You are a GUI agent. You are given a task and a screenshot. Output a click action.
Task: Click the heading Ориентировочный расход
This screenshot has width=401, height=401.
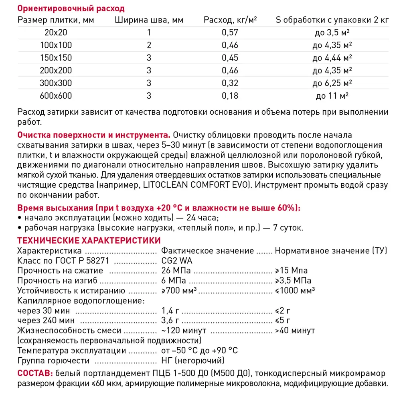click(x=71, y=8)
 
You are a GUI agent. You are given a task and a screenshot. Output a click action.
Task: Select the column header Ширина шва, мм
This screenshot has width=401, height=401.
click(x=149, y=20)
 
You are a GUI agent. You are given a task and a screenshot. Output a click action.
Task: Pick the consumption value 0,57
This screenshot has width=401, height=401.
click(x=230, y=33)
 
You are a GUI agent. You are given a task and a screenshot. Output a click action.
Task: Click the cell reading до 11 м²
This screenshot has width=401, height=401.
click(x=332, y=96)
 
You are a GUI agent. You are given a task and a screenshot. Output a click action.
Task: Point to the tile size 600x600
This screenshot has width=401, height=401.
click(x=56, y=96)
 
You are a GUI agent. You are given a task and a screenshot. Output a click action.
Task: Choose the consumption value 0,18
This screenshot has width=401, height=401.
click(x=230, y=96)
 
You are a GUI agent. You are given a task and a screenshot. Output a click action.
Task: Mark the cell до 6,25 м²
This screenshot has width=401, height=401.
click(x=332, y=83)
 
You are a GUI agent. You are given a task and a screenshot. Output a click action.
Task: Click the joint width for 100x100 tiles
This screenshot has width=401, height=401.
click(x=149, y=45)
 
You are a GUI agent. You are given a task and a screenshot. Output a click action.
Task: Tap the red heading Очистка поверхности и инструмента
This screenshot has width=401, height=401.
click(x=94, y=134)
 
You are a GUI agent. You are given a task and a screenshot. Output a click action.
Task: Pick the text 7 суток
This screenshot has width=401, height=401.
click(x=289, y=228)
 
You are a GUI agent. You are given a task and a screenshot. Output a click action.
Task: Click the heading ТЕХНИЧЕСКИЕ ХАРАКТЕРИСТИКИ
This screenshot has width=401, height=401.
click(x=89, y=240)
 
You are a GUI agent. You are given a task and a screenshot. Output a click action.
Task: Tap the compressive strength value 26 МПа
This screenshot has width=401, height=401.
click(x=176, y=271)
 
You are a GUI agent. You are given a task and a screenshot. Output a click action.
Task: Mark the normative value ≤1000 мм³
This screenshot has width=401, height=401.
click(x=295, y=290)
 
